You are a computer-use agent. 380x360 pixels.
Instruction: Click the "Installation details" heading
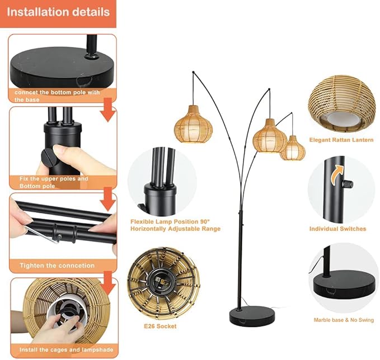click(58, 12)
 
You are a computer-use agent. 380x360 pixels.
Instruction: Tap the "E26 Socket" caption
click(160, 326)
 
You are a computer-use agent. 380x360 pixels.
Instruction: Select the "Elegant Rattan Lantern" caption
click(341, 140)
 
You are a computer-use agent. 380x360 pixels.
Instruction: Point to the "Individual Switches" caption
click(337, 229)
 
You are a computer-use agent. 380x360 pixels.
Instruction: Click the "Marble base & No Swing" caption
click(344, 320)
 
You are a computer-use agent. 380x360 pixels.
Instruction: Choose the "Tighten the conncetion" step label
click(57, 266)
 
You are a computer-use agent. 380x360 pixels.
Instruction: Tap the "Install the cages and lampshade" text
click(67, 350)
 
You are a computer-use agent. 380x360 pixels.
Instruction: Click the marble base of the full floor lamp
click(252, 314)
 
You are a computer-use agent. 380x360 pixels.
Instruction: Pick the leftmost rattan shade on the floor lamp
click(194, 125)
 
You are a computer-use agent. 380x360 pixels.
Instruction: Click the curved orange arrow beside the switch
click(337, 174)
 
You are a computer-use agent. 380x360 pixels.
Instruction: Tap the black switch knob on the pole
click(348, 184)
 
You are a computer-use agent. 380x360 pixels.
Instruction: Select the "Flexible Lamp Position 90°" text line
click(170, 221)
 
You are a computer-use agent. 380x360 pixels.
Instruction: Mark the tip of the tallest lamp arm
click(193, 72)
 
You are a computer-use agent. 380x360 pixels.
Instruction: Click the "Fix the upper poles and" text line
click(54, 179)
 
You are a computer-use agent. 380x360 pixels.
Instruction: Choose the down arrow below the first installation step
click(109, 110)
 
